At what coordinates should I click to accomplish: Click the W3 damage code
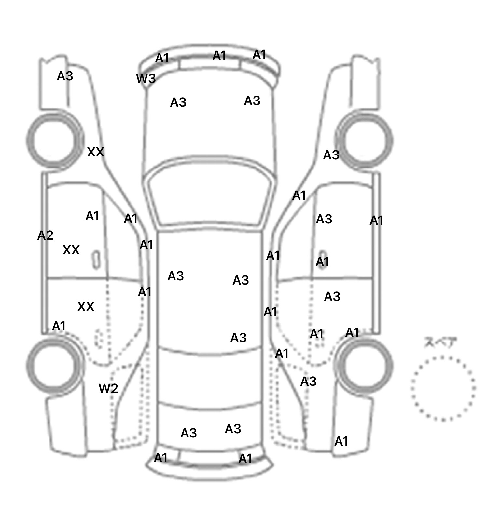(x=146, y=78)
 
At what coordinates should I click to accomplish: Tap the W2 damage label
(x=108, y=388)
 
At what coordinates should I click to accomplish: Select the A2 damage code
(x=45, y=235)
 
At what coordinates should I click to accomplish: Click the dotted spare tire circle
(x=443, y=388)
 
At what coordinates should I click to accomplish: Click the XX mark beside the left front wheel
(x=95, y=152)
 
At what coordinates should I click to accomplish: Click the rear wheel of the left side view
(x=54, y=364)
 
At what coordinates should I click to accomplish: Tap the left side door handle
(x=96, y=260)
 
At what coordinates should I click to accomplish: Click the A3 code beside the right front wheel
(x=331, y=155)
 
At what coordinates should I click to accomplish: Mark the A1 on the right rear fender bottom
(x=341, y=441)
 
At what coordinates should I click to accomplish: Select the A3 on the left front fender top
(x=65, y=76)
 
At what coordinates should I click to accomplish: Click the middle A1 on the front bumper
(x=219, y=56)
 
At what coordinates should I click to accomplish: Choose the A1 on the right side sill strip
(x=376, y=221)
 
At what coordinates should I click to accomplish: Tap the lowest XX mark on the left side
(x=86, y=306)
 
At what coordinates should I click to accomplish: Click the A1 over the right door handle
(x=322, y=262)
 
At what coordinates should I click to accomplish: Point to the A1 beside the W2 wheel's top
(x=59, y=326)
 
